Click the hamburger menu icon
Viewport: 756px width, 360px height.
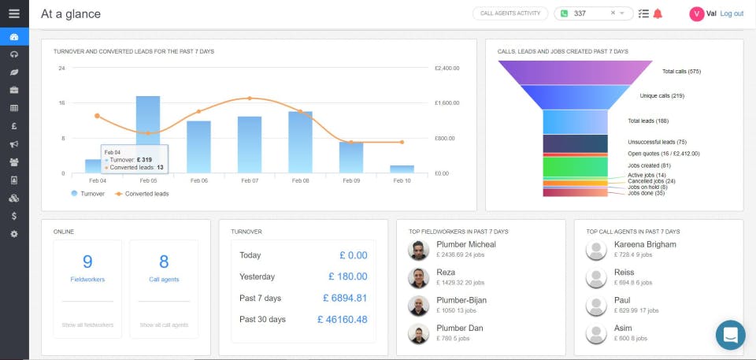[x=14, y=13]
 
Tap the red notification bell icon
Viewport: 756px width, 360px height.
[x=658, y=13]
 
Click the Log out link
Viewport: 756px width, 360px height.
[x=732, y=13]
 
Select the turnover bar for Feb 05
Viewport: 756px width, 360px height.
[x=148, y=134]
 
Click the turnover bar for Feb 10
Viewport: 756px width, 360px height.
[x=402, y=169]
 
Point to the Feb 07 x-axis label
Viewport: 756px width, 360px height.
[x=249, y=180]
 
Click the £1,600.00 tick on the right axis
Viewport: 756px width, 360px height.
[x=447, y=103]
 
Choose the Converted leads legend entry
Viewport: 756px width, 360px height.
[x=145, y=193]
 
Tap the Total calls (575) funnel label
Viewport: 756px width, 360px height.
[x=681, y=72]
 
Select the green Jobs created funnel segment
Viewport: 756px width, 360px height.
[x=576, y=166]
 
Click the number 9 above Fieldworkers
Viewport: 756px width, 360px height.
[x=87, y=262]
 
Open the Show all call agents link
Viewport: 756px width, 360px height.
[x=164, y=325]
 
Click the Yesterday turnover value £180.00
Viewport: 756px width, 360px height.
[x=347, y=276]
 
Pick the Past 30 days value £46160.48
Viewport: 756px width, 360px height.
[x=342, y=319]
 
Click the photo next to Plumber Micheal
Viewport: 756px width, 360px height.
[x=419, y=251]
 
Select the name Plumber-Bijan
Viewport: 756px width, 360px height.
[x=462, y=300]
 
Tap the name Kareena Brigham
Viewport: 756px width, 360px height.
[x=645, y=245]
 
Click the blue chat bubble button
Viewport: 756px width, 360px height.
[x=730, y=335]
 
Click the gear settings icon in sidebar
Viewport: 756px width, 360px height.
[x=14, y=234]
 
